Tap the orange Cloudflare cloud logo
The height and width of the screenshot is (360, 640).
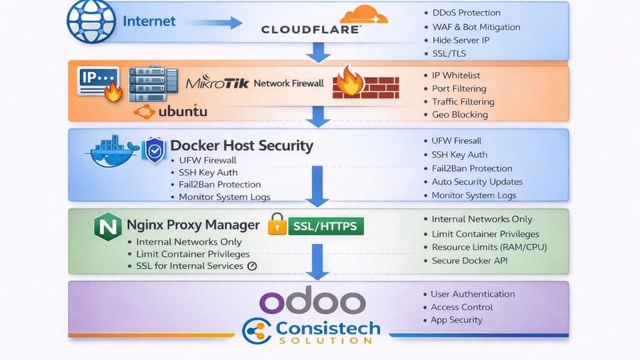pos(363,15)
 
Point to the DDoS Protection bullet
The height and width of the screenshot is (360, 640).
pos(466,13)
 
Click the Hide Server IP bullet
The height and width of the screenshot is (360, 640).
pos(461,40)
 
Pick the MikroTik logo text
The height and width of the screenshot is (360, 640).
pos(217,84)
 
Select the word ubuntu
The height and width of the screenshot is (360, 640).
pos(183,111)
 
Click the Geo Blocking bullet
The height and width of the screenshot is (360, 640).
pos(459,115)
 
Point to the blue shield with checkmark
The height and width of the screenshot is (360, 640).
pos(155,151)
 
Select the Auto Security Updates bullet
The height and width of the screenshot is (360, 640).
pos(477,181)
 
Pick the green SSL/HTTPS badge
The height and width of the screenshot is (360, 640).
pos(325,226)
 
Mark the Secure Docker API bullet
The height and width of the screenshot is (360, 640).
pos(469,261)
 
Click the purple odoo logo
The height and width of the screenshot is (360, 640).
pos(313,302)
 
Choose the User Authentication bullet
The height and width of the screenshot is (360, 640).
pos(473,294)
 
